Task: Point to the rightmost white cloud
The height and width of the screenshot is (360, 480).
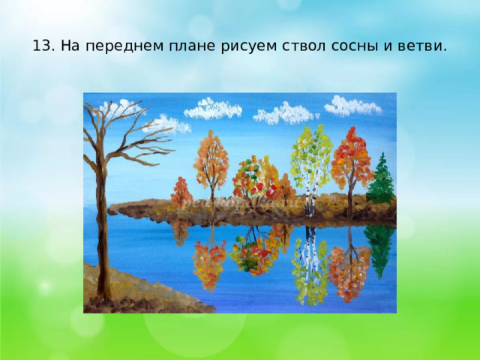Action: click(x=352, y=106)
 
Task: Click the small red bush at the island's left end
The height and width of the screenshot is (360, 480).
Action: click(x=181, y=192)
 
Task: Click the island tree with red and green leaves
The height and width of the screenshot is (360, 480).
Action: click(x=251, y=178)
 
